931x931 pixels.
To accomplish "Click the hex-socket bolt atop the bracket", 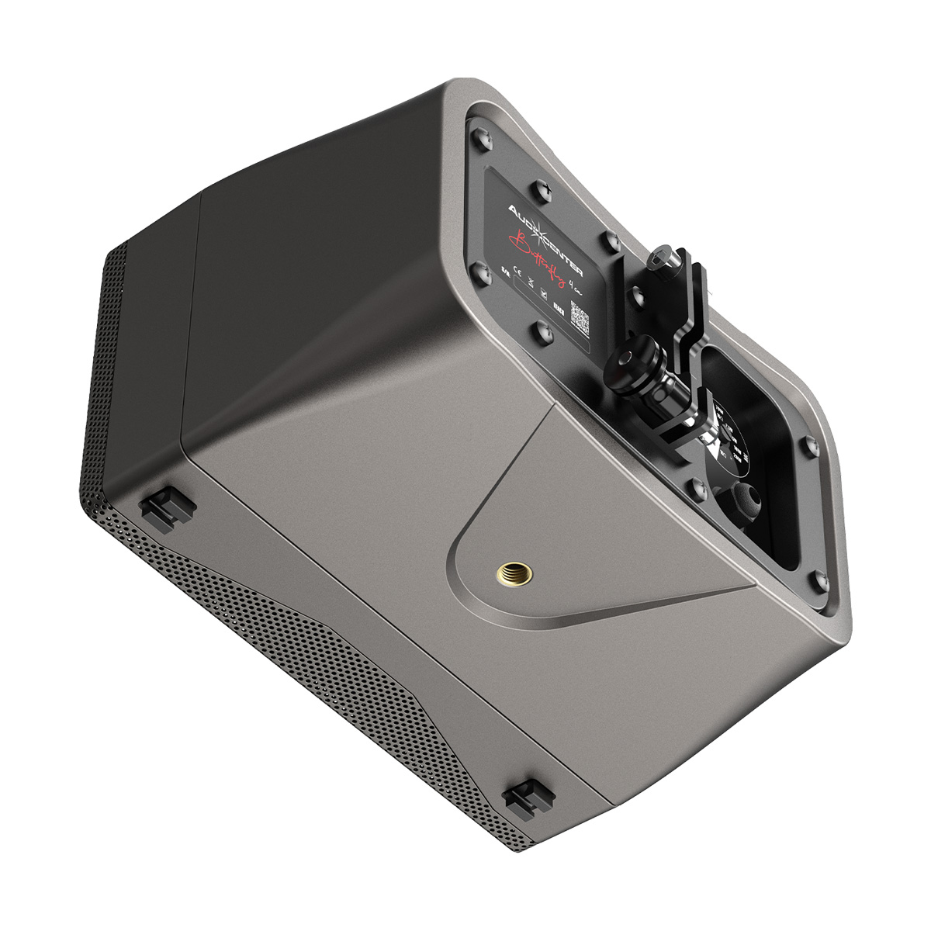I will tap(666, 259).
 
